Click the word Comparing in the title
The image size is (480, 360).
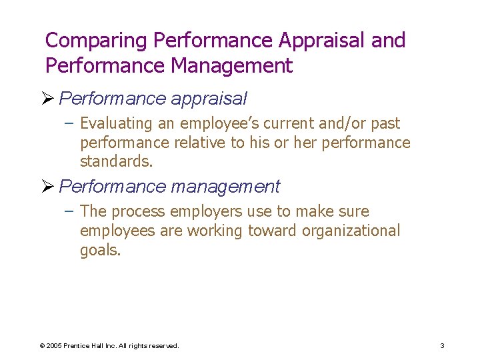click(95, 41)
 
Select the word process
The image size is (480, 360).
click(139, 212)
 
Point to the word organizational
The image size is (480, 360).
click(351, 231)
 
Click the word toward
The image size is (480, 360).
click(273, 231)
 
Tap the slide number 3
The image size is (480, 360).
click(442, 345)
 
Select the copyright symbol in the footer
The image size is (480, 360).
click(42, 345)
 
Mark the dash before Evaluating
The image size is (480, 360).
click(71, 123)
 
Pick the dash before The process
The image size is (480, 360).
click(71, 211)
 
